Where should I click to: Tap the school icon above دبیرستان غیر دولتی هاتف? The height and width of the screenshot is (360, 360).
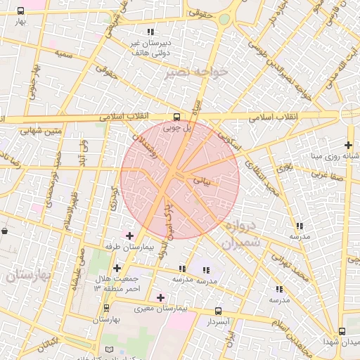[150, 32]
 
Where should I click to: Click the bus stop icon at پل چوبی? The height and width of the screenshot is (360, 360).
[176, 117]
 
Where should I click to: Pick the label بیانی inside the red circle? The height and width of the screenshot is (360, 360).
[201, 181]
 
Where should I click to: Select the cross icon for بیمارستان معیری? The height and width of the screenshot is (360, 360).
[160, 297]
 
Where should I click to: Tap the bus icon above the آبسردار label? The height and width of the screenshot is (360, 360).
[218, 311]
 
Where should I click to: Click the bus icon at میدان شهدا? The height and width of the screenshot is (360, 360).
[342, 331]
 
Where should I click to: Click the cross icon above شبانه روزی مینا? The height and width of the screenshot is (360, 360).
[348, 145]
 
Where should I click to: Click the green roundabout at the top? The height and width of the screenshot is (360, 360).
[224, 20]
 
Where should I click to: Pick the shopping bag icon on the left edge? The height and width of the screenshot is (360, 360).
[5, 230]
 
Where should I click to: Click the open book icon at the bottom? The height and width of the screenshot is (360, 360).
[108, 350]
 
